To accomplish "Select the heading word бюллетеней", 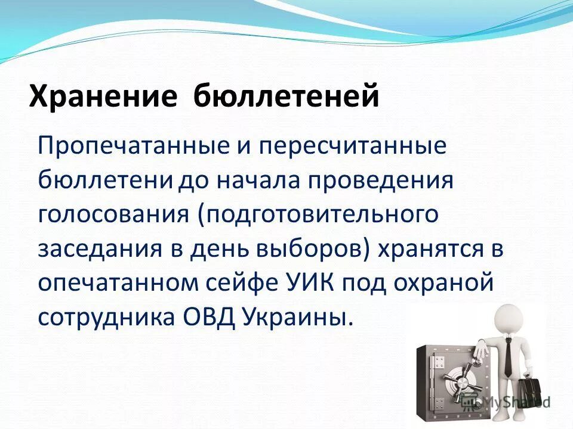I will (x=286, y=96).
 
